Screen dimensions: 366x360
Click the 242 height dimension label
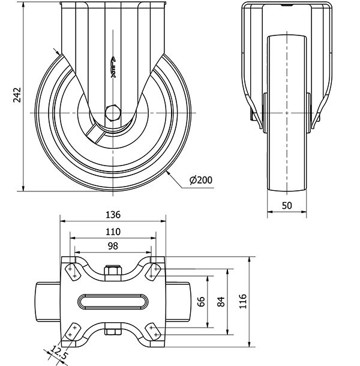17,96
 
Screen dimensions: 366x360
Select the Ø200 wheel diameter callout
201,179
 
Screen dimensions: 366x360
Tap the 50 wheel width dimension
286,205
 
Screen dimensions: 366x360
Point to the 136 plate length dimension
113,214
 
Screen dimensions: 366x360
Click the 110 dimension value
113,232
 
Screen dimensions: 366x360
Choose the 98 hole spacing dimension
113,247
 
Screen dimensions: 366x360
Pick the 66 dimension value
202,301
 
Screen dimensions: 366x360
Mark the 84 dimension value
221,301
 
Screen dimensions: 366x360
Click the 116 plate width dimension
243,301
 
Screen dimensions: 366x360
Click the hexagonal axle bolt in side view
112,113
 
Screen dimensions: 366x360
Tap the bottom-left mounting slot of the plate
72,332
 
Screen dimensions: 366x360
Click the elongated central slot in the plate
113,301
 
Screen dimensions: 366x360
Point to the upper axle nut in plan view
112,272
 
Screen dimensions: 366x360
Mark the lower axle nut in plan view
112,330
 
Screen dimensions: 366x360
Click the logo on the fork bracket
112,68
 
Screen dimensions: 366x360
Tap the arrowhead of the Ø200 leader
170,171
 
